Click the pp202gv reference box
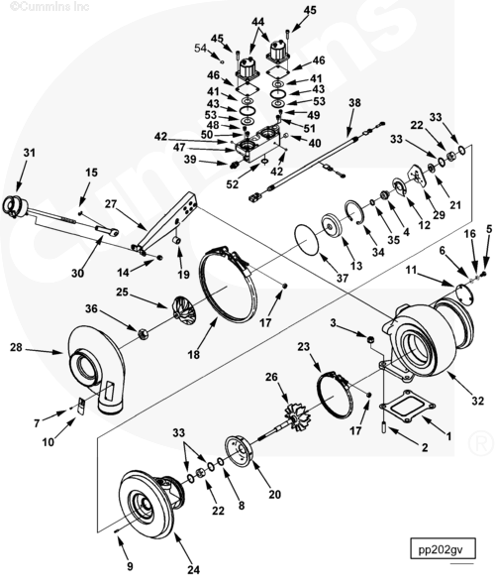click(x=443, y=548)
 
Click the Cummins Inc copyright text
click(x=49, y=6)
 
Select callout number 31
click(x=29, y=153)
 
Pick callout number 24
click(x=193, y=569)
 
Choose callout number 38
click(x=354, y=102)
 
